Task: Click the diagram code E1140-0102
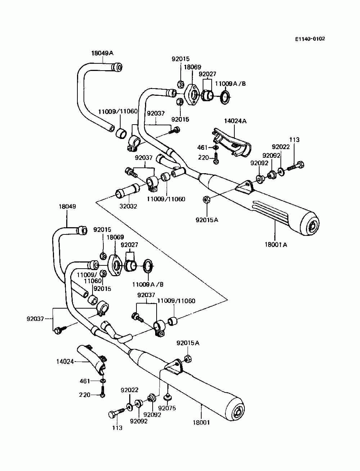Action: coord(310,39)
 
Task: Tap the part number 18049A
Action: coord(102,53)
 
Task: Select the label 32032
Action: coord(128,206)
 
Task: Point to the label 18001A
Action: coord(276,245)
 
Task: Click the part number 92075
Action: coord(167,408)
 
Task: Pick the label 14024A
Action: coord(235,121)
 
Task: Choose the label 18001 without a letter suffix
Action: coord(201,422)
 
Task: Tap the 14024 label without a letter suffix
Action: coord(65,362)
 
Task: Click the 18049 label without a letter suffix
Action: coord(67,206)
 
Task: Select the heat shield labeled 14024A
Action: coord(232,143)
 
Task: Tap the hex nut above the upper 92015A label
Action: coord(206,200)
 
